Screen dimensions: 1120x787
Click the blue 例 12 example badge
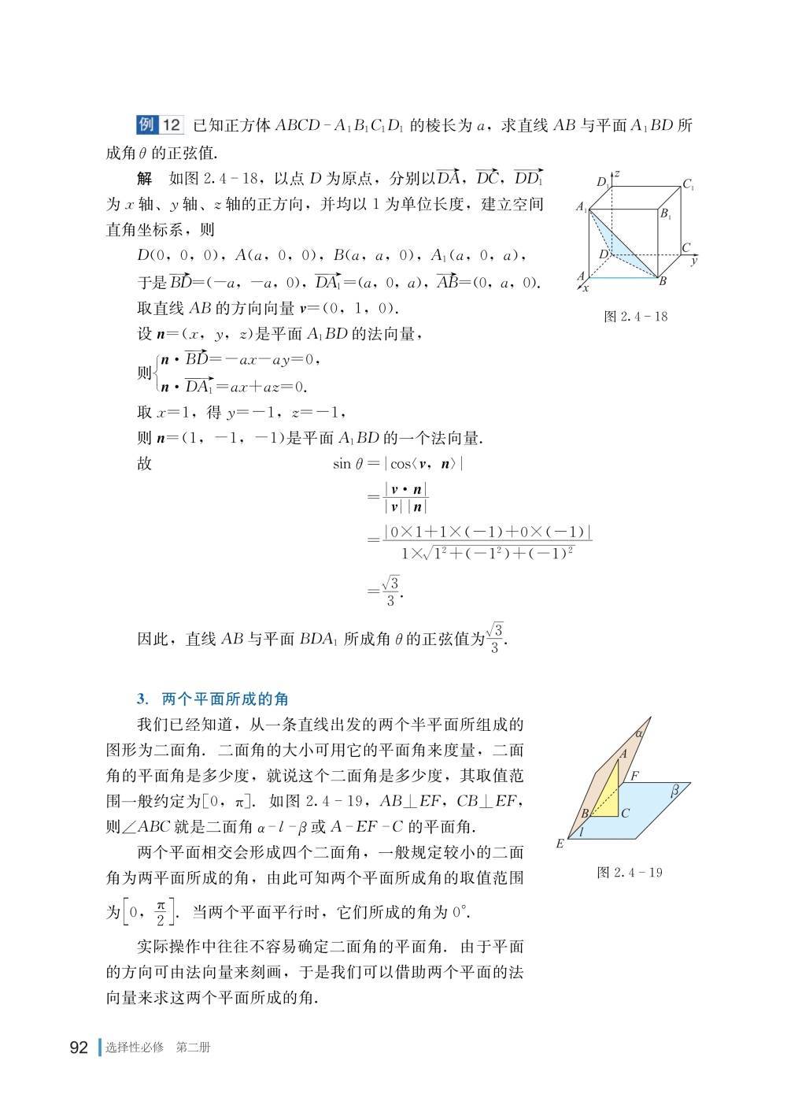click(160, 125)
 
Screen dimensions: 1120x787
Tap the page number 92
click(79, 1048)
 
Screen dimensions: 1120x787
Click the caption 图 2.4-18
click(634, 317)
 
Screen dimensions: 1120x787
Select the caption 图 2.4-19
click(630, 873)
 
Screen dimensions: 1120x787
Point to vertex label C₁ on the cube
click(688, 186)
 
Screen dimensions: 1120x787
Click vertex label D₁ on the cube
click(602, 182)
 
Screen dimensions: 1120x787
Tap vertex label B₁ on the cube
click(665, 213)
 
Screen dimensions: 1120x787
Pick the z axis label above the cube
click(619, 172)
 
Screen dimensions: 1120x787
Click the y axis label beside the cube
click(693, 260)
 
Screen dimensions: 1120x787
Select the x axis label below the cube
click(586, 289)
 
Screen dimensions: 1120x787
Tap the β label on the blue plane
click(674, 792)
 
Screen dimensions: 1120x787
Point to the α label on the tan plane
click(639, 732)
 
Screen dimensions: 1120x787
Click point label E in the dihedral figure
click(560, 844)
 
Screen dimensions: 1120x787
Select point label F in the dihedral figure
click(634, 776)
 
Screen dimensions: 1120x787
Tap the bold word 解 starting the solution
click(144, 179)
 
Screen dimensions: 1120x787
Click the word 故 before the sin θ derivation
click(144, 463)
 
